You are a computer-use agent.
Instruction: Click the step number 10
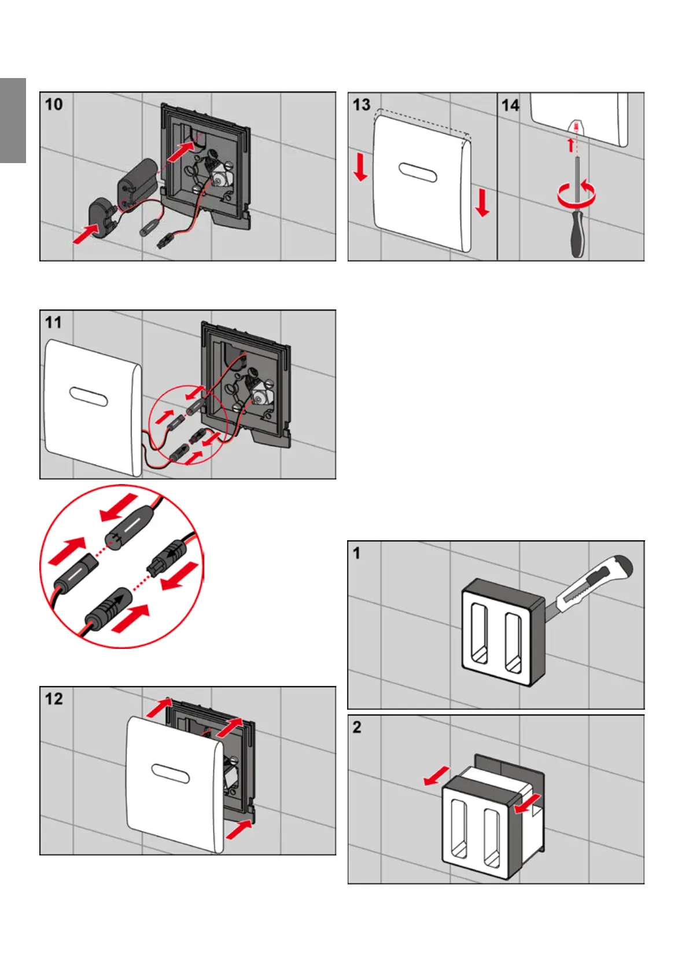[54, 105]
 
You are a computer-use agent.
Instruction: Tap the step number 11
[53, 322]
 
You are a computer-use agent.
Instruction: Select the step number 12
[54, 699]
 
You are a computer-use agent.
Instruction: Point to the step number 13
[362, 105]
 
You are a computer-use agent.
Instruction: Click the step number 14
[510, 105]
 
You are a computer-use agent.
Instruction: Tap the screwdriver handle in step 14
[577, 234]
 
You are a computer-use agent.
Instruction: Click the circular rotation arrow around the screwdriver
[576, 194]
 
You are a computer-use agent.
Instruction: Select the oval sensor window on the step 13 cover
[418, 172]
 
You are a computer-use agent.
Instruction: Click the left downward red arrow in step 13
[360, 167]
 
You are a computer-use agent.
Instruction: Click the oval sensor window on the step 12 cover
[170, 774]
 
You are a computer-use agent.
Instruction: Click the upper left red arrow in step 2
[436, 776]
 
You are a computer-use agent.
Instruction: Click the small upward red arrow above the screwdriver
[570, 145]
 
